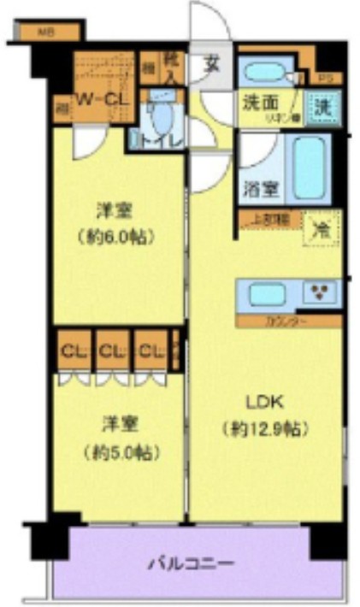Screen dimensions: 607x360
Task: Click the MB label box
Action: click(46, 32)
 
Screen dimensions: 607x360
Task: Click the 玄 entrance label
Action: click(210, 64)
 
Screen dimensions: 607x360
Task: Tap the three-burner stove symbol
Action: click(322, 293)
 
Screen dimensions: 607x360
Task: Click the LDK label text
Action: click(264, 403)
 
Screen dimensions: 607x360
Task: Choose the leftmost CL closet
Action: click(71, 350)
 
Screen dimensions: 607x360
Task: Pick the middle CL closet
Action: click(111, 350)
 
